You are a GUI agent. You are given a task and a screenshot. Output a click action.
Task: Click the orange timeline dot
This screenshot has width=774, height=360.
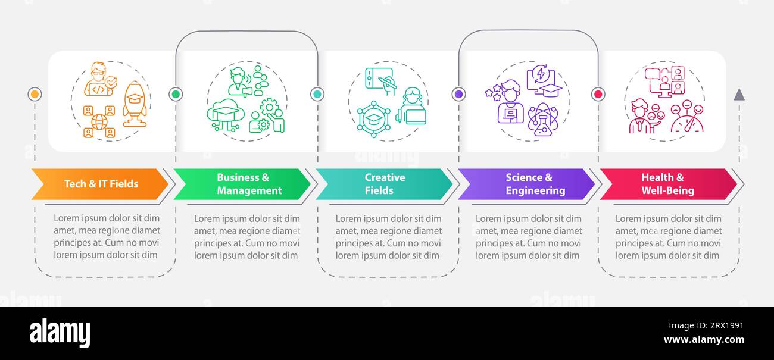tap(35, 94)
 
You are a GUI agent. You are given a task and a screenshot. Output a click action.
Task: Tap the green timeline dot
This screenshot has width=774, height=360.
tap(176, 94)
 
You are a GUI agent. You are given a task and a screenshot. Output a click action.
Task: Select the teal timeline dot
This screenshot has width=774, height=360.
tap(317, 94)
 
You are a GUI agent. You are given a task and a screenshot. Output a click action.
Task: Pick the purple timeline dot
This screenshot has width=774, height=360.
tap(459, 94)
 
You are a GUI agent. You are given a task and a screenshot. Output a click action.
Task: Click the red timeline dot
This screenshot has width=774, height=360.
tap(598, 94)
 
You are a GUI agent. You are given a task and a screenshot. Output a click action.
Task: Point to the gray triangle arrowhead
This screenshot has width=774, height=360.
tap(739, 95)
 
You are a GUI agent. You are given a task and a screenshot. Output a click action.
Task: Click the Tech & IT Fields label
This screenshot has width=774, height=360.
tap(101, 184)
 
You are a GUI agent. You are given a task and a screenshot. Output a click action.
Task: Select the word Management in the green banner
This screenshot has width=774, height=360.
tap(249, 190)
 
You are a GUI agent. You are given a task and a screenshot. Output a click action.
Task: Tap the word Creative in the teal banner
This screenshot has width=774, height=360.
tap(385, 177)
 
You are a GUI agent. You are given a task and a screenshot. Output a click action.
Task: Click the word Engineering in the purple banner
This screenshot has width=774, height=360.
tap(536, 190)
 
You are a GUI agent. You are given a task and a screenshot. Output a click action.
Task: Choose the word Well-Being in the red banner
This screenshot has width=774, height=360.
tap(668, 190)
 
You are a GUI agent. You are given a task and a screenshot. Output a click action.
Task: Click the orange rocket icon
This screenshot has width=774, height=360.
tap(135, 104)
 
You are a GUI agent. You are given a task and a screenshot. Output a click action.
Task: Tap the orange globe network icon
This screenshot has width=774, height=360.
tap(99, 121)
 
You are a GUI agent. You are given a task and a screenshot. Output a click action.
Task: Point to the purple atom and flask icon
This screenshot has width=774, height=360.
tap(543, 120)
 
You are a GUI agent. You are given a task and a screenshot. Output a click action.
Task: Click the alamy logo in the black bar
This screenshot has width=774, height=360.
tap(60, 333)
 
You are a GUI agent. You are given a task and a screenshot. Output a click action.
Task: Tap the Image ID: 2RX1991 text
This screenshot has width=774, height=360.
tap(706, 325)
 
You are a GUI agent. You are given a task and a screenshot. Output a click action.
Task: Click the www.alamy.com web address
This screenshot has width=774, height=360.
tap(704, 339)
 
